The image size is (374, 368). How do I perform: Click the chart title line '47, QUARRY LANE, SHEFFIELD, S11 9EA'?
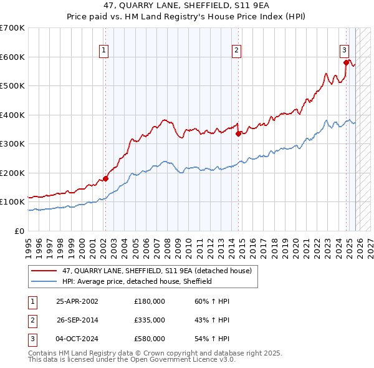[x=186, y=6]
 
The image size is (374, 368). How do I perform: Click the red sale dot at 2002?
[x=105, y=178]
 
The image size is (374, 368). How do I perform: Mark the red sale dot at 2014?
[x=238, y=133]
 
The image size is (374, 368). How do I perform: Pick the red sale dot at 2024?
[x=346, y=62]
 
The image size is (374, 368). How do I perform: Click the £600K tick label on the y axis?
[x=12, y=57]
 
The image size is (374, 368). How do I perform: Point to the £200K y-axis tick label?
[x=12, y=173]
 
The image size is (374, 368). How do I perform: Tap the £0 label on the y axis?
[x=20, y=231]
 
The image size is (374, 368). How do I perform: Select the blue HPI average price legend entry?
[x=137, y=281]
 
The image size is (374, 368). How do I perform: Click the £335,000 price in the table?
[x=150, y=320]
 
